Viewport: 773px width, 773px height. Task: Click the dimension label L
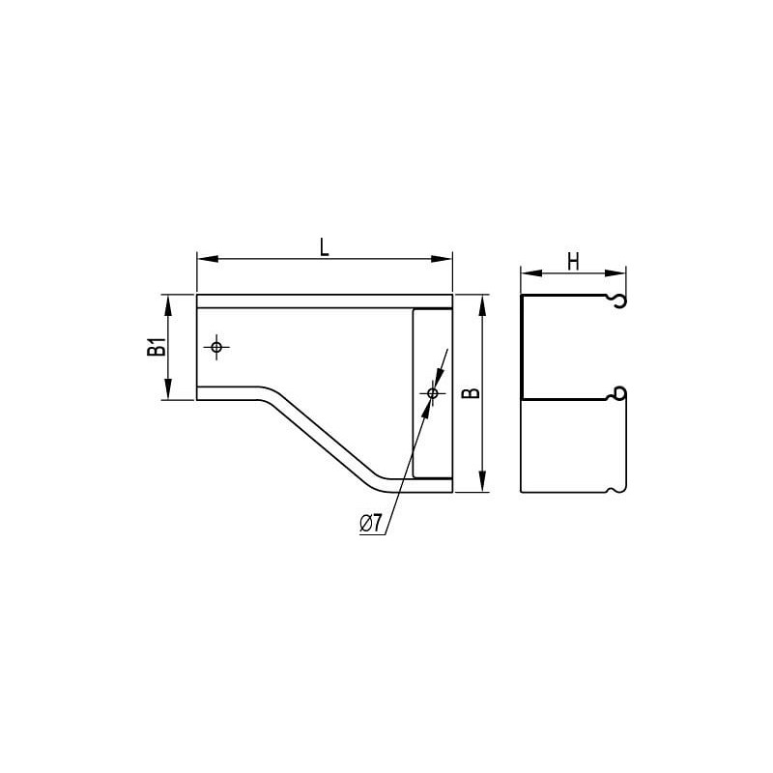click(x=324, y=247)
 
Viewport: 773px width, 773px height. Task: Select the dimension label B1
click(x=157, y=347)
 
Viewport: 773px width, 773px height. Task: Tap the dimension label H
click(x=573, y=262)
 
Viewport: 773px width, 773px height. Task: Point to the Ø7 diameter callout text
click(x=371, y=523)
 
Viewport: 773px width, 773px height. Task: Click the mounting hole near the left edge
click(x=216, y=347)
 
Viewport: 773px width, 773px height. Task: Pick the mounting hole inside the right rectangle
click(x=432, y=393)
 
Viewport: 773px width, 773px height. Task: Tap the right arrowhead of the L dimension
click(x=442, y=259)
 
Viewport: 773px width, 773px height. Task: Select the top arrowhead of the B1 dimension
click(x=168, y=305)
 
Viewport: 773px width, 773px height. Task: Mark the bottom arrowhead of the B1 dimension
click(x=168, y=388)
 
